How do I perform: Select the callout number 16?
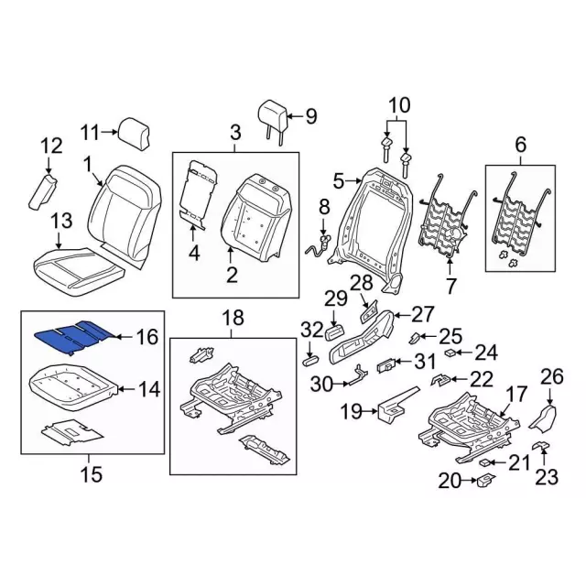coord(147,338)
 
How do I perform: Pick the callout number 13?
coord(60,221)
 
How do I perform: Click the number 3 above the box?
coord(234,132)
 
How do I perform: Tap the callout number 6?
coord(520,145)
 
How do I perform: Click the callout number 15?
coord(90,474)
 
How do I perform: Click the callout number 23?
coord(547,475)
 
